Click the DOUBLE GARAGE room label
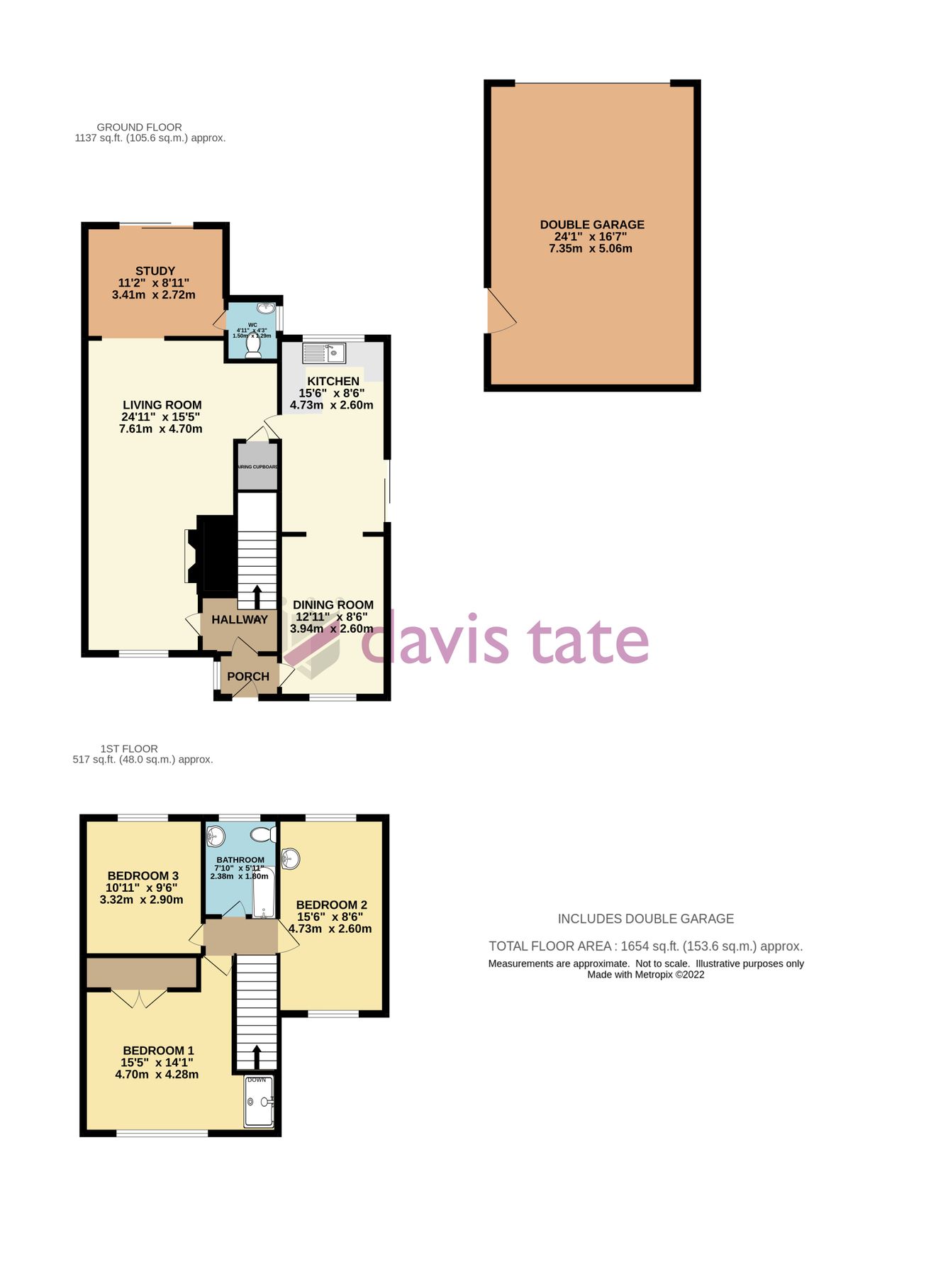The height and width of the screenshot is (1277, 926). (592, 225)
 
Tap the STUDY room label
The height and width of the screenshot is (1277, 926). (155, 271)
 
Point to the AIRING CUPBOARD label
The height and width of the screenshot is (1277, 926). (257, 467)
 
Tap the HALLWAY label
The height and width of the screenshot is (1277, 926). (240, 619)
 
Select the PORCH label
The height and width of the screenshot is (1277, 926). (248, 676)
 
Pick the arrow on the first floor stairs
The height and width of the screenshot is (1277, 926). (256, 1056)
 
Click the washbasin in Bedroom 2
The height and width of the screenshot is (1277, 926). (291, 859)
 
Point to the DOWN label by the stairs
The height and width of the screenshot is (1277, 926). (257, 1080)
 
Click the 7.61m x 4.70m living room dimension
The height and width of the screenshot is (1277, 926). (161, 429)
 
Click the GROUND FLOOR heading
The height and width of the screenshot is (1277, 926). (140, 127)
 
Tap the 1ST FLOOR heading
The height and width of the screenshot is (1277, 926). (129, 748)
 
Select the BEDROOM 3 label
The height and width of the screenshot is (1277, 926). (143, 875)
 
